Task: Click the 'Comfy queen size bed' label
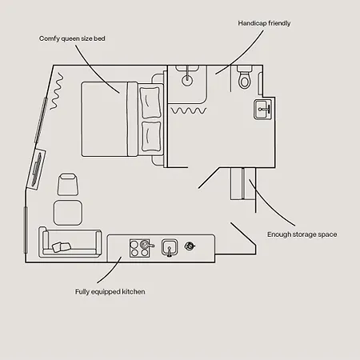pyautogui.click(x=72, y=38)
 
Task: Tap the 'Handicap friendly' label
pyautogui.click(x=264, y=23)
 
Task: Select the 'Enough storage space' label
pyautogui.click(x=302, y=234)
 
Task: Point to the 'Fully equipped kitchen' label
pyautogui.click(x=110, y=292)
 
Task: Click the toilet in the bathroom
pyautogui.click(x=244, y=78)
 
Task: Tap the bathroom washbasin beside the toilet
pyautogui.click(x=263, y=109)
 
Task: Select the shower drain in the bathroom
pyautogui.click(x=187, y=79)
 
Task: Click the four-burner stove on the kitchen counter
pyautogui.click(x=139, y=248)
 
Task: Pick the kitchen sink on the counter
pyautogui.click(x=170, y=247)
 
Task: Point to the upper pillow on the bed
pyautogui.click(x=150, y=102)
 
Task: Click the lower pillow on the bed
pyautogui.click(x=151, y=137)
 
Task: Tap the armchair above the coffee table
pyautogui.click(x=68, y=185)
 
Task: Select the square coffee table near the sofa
pyautogui.click(x=68, y=213)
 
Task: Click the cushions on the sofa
pyautogui.click(x=62, y=246)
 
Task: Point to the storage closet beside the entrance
pyautogui.click(x=243, y=183)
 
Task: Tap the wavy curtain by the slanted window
pyautogui.click(x=57, y=91)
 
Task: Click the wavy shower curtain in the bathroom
pyautogui.click(x=189, y=110)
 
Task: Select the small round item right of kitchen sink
pyautogui.click(x=190, y=246)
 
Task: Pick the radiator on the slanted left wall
pyautogui.click(x=37, y=170)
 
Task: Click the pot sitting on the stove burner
pyautogui.click(x=146, y=244)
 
